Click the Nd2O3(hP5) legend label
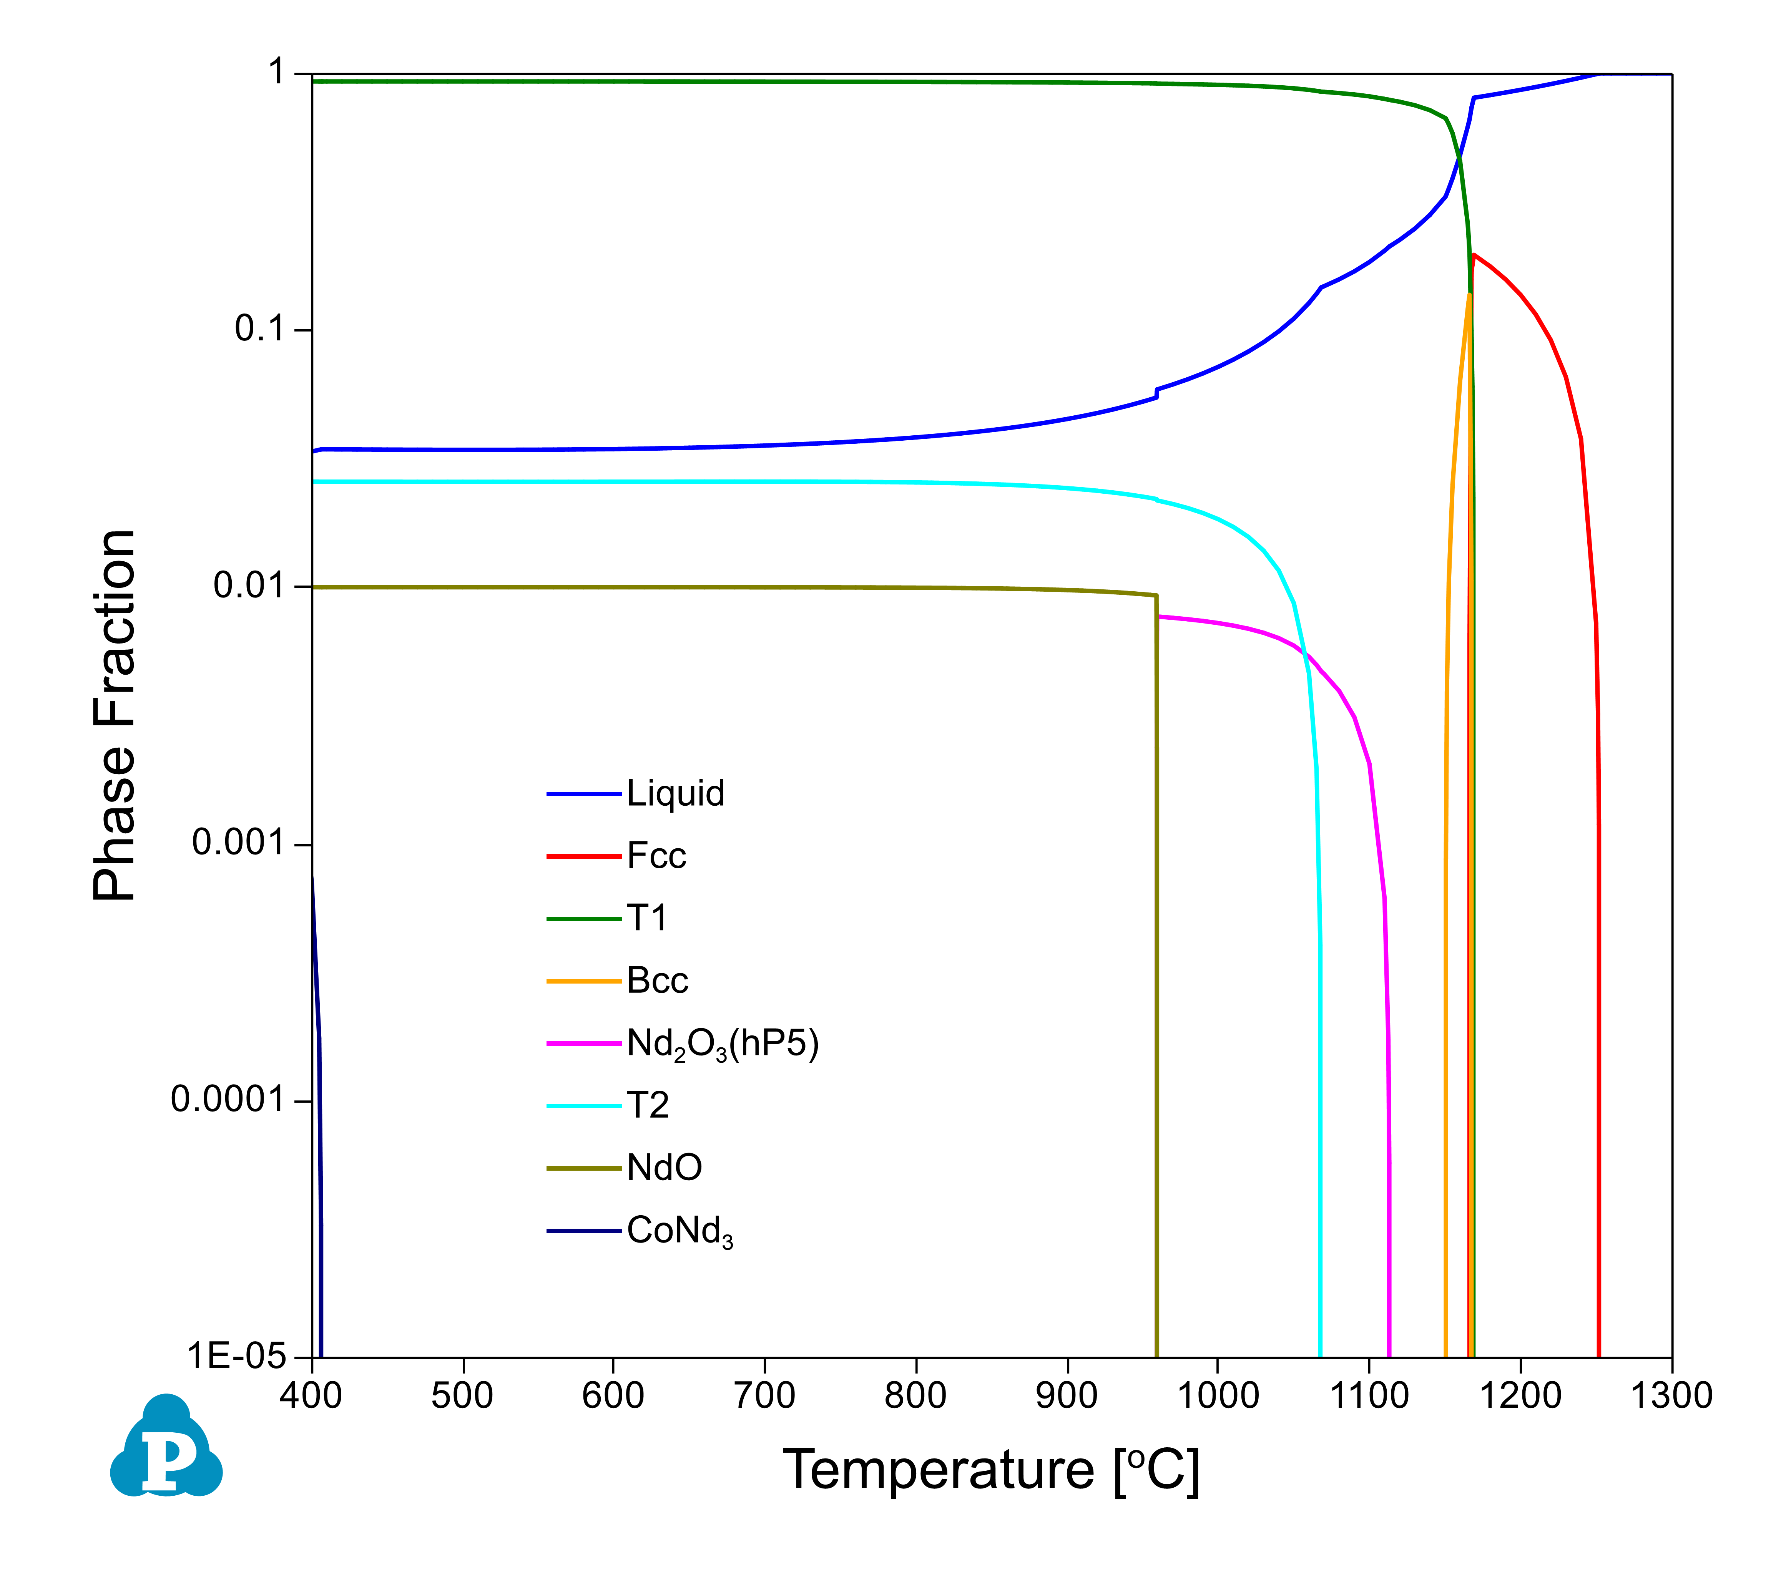coord(723,1044)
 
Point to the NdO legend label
coord(664,1168)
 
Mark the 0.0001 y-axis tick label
coord(228,1100)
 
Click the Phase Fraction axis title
coord(115,715)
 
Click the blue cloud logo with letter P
coord(166,1448)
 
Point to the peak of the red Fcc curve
coord(1473,255)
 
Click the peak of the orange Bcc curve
coord(1469,295)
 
